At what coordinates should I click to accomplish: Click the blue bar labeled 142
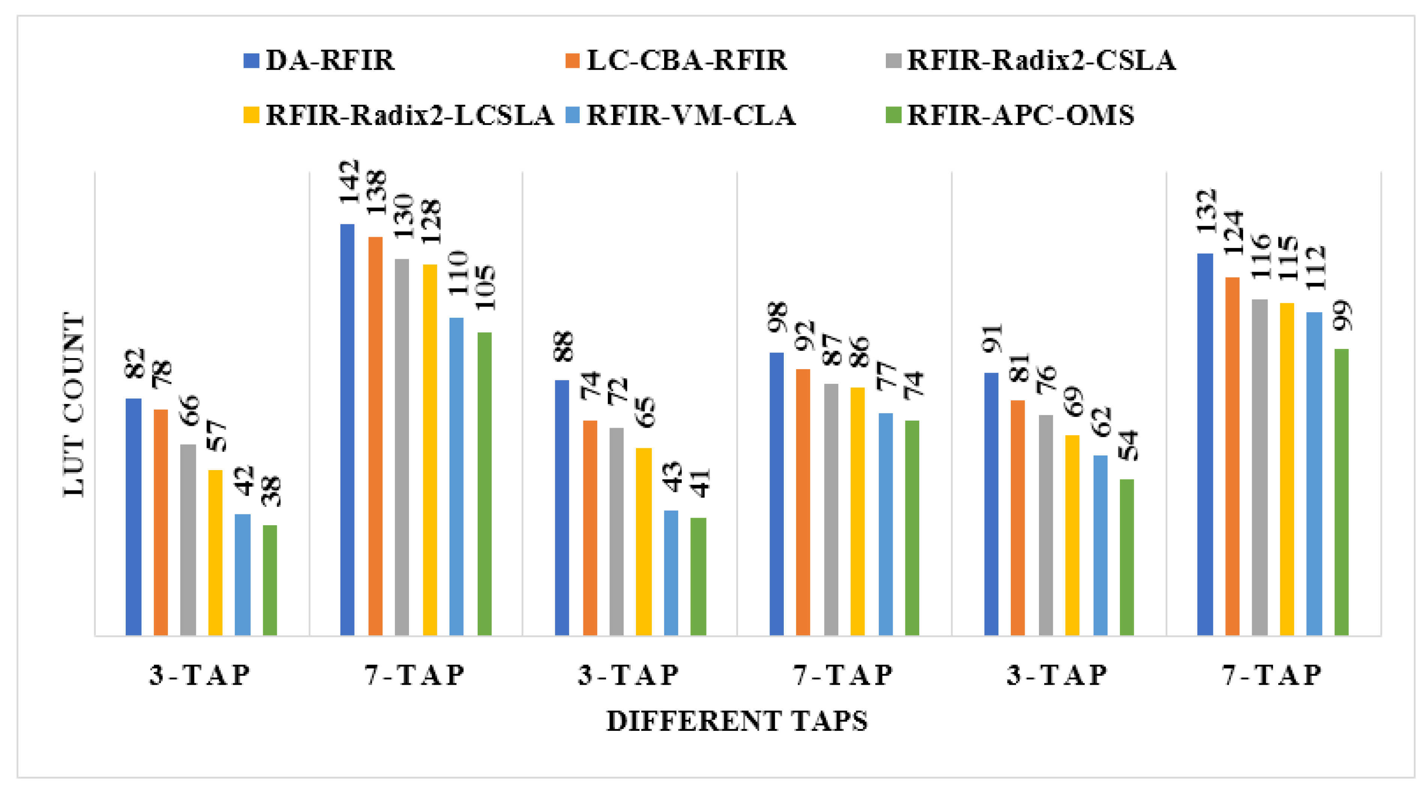347,430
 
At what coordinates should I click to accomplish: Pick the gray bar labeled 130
402,447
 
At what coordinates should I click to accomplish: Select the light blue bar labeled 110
456,476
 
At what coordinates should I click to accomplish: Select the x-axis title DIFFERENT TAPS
737,721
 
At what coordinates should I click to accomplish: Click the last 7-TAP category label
1272,675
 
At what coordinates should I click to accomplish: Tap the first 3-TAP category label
200,675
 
